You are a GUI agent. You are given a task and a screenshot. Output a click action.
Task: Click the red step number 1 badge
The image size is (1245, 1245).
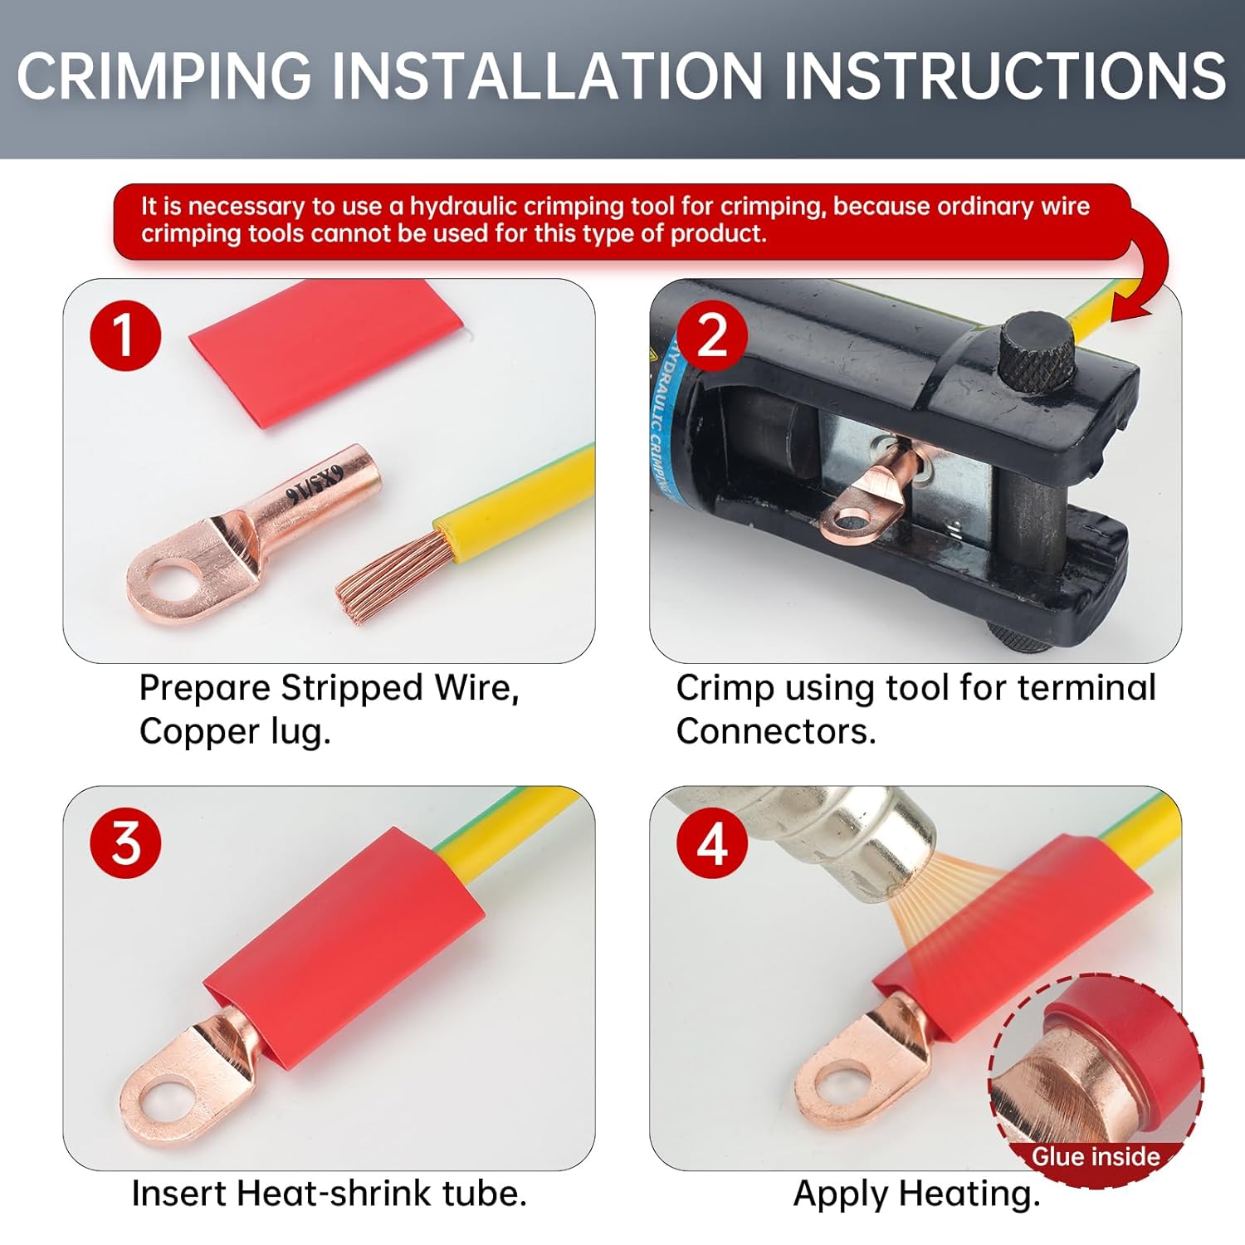[x=125, y=335]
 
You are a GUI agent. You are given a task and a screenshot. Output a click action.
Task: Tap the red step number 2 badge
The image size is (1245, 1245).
[x=712, y=335]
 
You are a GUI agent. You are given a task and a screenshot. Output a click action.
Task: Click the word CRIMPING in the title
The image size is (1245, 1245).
[x=164, y=76]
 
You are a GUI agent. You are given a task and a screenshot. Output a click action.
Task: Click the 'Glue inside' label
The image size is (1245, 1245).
[x=1096, y=1156]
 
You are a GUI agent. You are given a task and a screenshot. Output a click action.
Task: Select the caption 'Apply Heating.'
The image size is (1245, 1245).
[x=916, y=1194]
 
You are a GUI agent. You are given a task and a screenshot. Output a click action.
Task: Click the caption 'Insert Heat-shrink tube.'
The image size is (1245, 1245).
[x=330, y=1194]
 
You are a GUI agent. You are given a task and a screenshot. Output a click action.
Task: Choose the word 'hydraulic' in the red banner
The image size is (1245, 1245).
[x=462, y=207]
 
